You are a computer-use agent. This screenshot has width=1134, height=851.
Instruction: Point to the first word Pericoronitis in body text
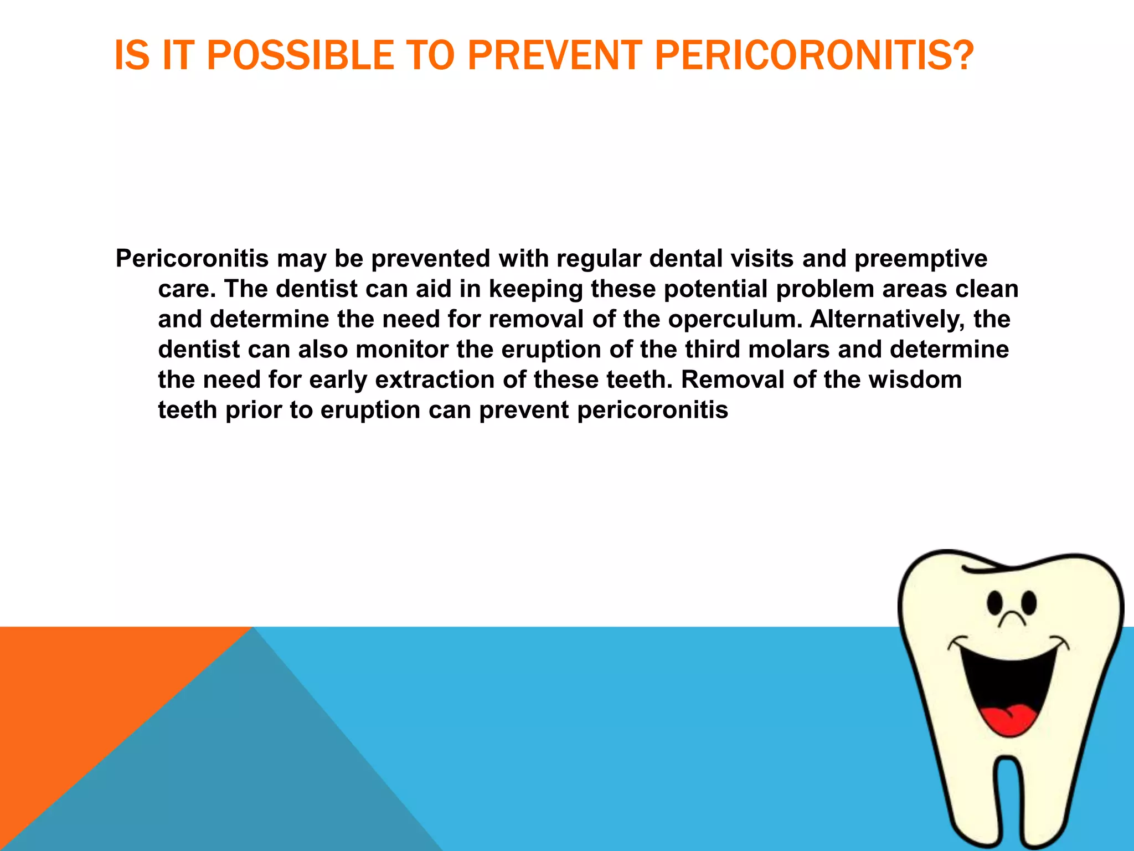(192, 259)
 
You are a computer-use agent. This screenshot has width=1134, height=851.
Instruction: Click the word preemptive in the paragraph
(921, 259)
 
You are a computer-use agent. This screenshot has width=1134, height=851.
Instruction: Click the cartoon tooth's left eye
(995, 603)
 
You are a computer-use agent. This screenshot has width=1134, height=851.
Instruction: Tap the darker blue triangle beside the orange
(249, 776)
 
